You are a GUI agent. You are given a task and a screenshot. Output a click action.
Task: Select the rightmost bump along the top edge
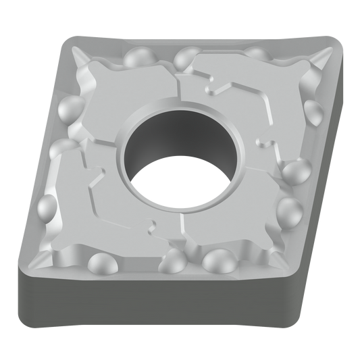(255, 51)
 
